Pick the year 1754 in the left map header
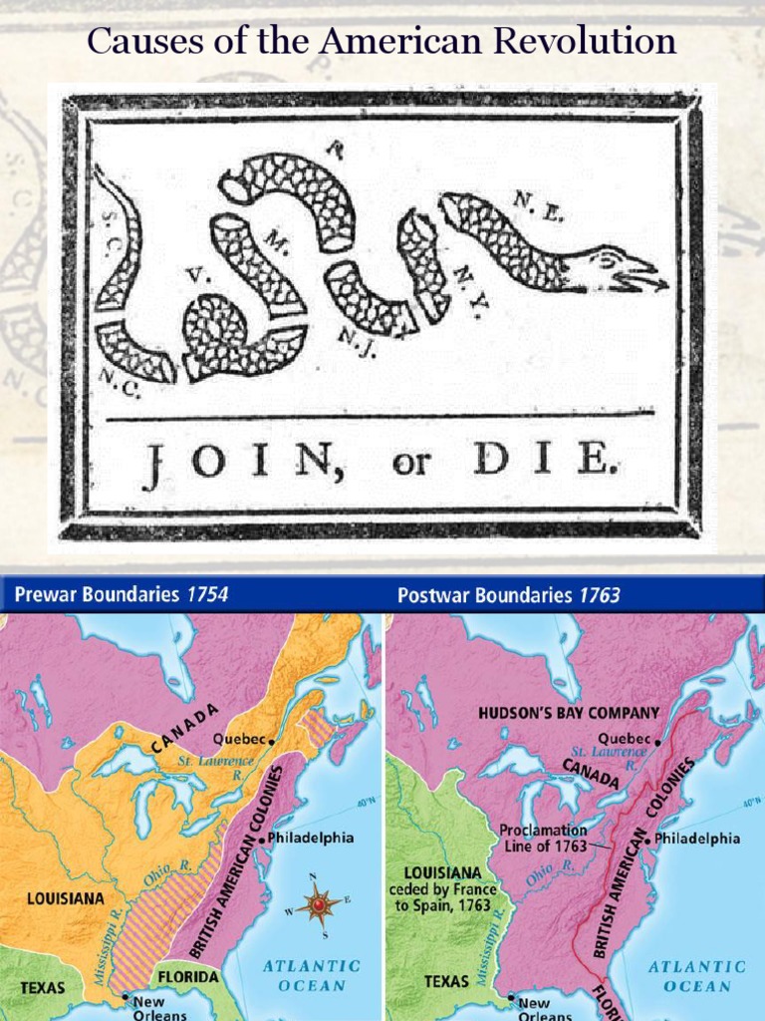pos(207,595)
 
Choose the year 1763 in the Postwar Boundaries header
pos(600,595)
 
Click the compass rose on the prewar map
pos(319,904)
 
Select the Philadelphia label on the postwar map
pos(696,839)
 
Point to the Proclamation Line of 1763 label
pos(543,838)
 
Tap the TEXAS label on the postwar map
pos(445,981)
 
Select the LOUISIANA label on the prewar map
pos(65,897)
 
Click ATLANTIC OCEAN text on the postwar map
pos(696,976)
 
